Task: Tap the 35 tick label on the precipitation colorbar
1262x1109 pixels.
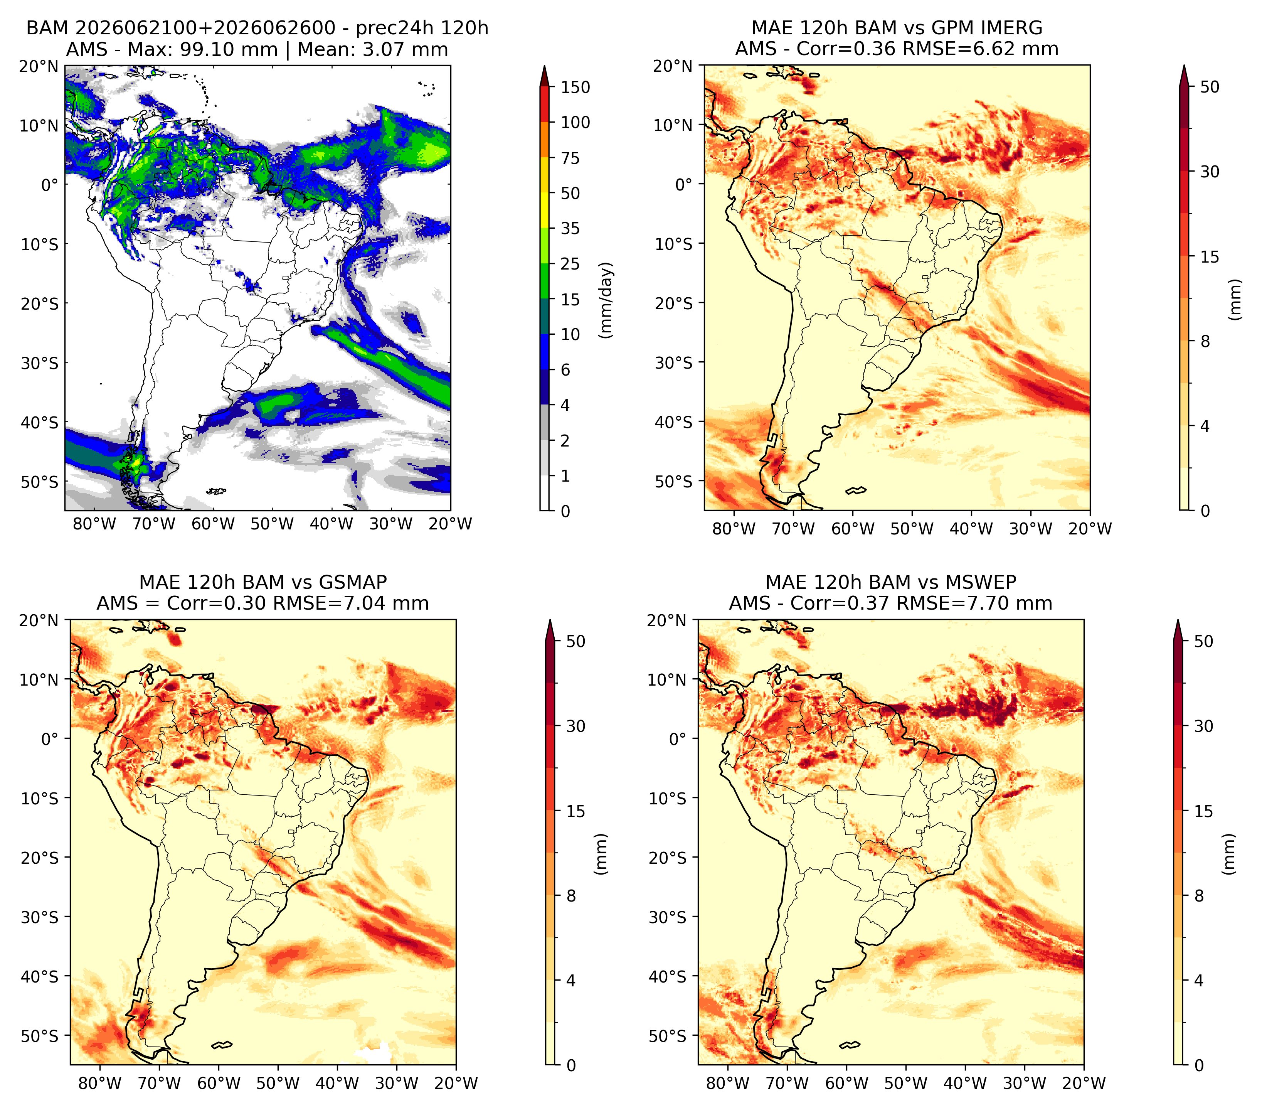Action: click(570, 228)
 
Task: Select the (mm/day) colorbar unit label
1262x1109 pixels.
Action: click(606, 300)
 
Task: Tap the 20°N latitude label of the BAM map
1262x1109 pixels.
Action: click(38, 66)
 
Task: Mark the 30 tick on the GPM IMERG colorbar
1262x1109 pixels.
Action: click(1210, 172)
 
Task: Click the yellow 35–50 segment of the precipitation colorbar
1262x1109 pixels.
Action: click(545, 210)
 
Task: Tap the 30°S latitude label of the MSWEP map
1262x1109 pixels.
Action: click(668, 917)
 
